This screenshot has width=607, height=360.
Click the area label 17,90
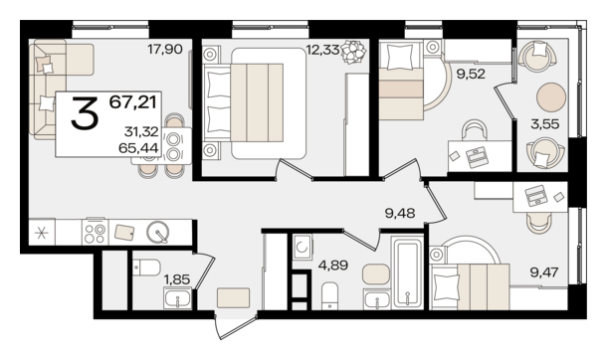point(165,49)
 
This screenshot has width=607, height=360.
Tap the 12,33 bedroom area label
point(322,50)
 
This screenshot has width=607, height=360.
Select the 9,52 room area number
point(471,74)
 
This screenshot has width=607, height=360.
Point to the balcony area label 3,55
point(545,124)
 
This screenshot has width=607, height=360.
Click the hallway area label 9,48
point(400,212)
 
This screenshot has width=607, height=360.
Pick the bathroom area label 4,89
point(333,266)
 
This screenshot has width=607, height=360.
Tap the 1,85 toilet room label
point(177,278)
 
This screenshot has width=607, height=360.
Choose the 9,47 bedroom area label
point(544,272)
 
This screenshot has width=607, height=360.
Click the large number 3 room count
point(84,113)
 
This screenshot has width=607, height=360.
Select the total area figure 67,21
point(132,102)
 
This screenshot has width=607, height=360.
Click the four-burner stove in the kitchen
point(96,233)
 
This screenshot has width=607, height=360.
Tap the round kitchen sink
point(158,232)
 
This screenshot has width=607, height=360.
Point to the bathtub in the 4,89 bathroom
point(407,271)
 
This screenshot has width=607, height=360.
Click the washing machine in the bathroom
point(303,247)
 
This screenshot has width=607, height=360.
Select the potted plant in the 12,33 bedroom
point(353,52)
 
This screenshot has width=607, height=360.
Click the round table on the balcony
point(551,97)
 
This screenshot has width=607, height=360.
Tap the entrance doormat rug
point(234,297)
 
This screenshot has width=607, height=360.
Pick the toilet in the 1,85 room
point(146,268)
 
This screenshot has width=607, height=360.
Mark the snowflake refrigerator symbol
point(42,233)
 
